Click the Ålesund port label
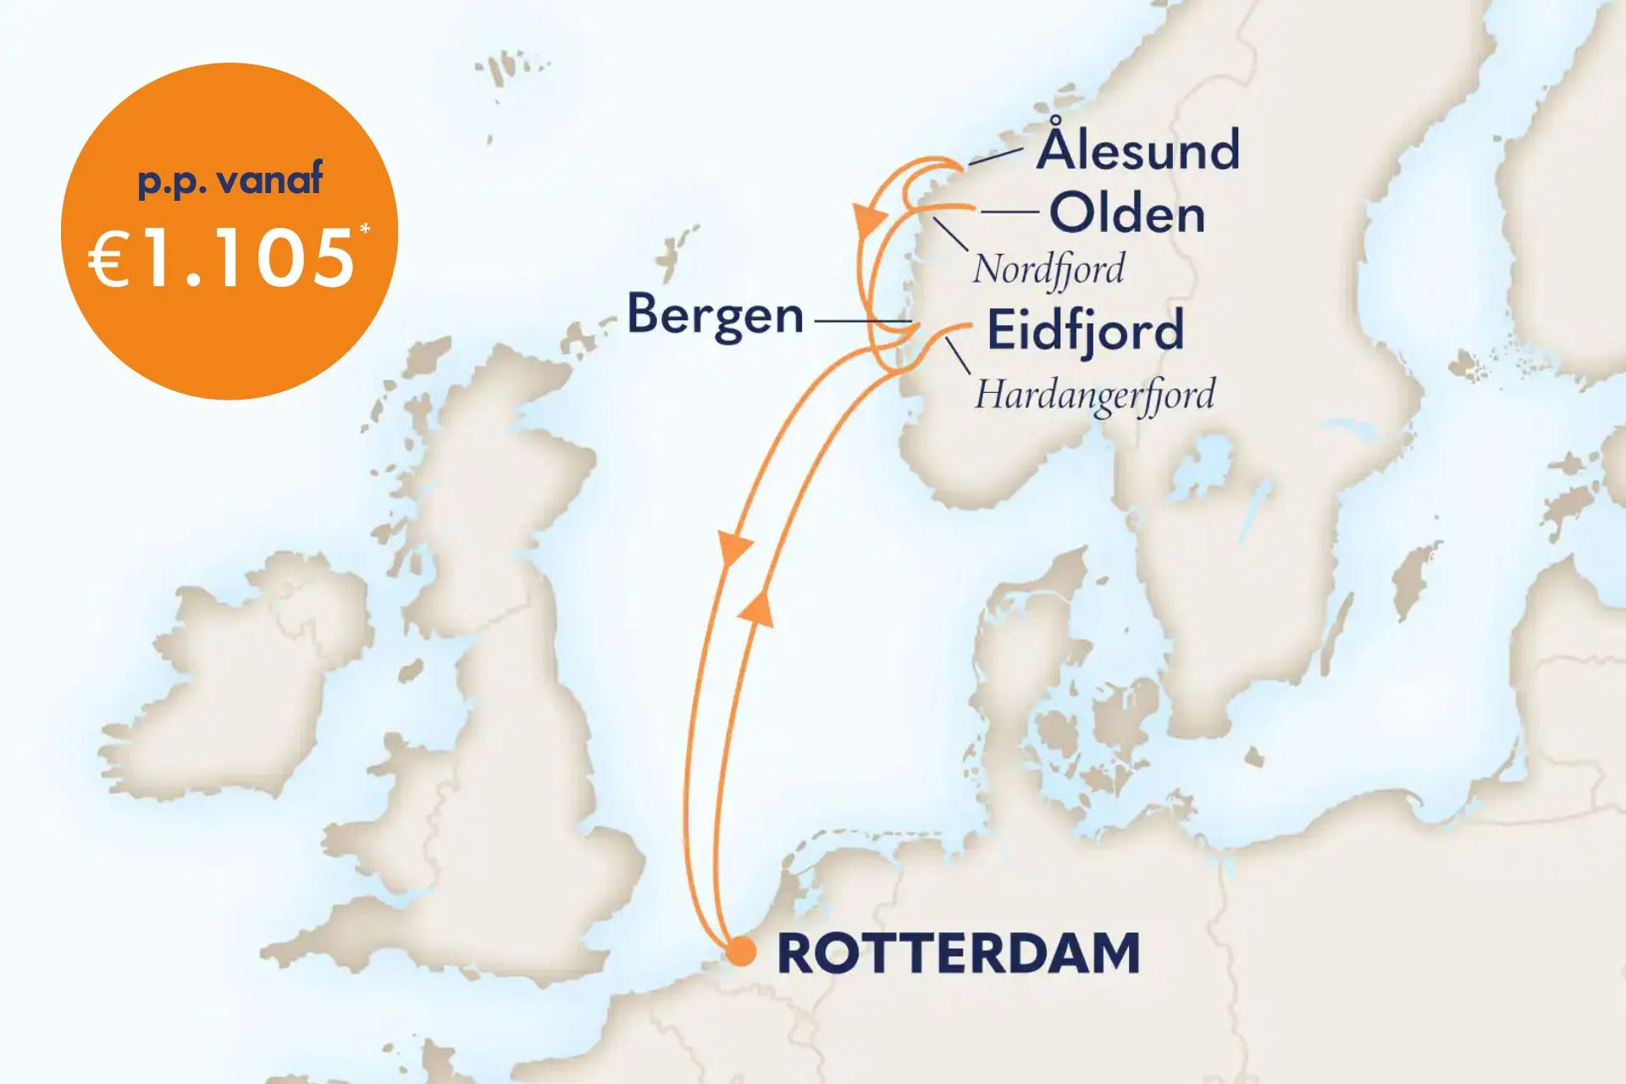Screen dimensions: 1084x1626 (1138, 150)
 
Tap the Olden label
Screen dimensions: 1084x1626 (1127, 213)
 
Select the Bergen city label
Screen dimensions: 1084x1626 (715, 315)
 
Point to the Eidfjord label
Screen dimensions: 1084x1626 (1085, 331)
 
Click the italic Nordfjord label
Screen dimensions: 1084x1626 (1048, 269)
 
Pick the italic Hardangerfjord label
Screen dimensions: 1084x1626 (1094, 395)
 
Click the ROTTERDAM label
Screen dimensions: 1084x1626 (958, 954)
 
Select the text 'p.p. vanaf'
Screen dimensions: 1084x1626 (230, 180)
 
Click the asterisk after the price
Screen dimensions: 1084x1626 (365, 230)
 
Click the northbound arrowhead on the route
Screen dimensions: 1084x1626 (757, 608)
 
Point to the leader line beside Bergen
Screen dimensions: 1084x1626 (862, 322)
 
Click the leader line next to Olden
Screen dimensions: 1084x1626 (1009, 213)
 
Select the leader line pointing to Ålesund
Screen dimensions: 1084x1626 (995, 156)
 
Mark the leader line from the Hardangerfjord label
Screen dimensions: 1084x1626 (958, 356)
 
